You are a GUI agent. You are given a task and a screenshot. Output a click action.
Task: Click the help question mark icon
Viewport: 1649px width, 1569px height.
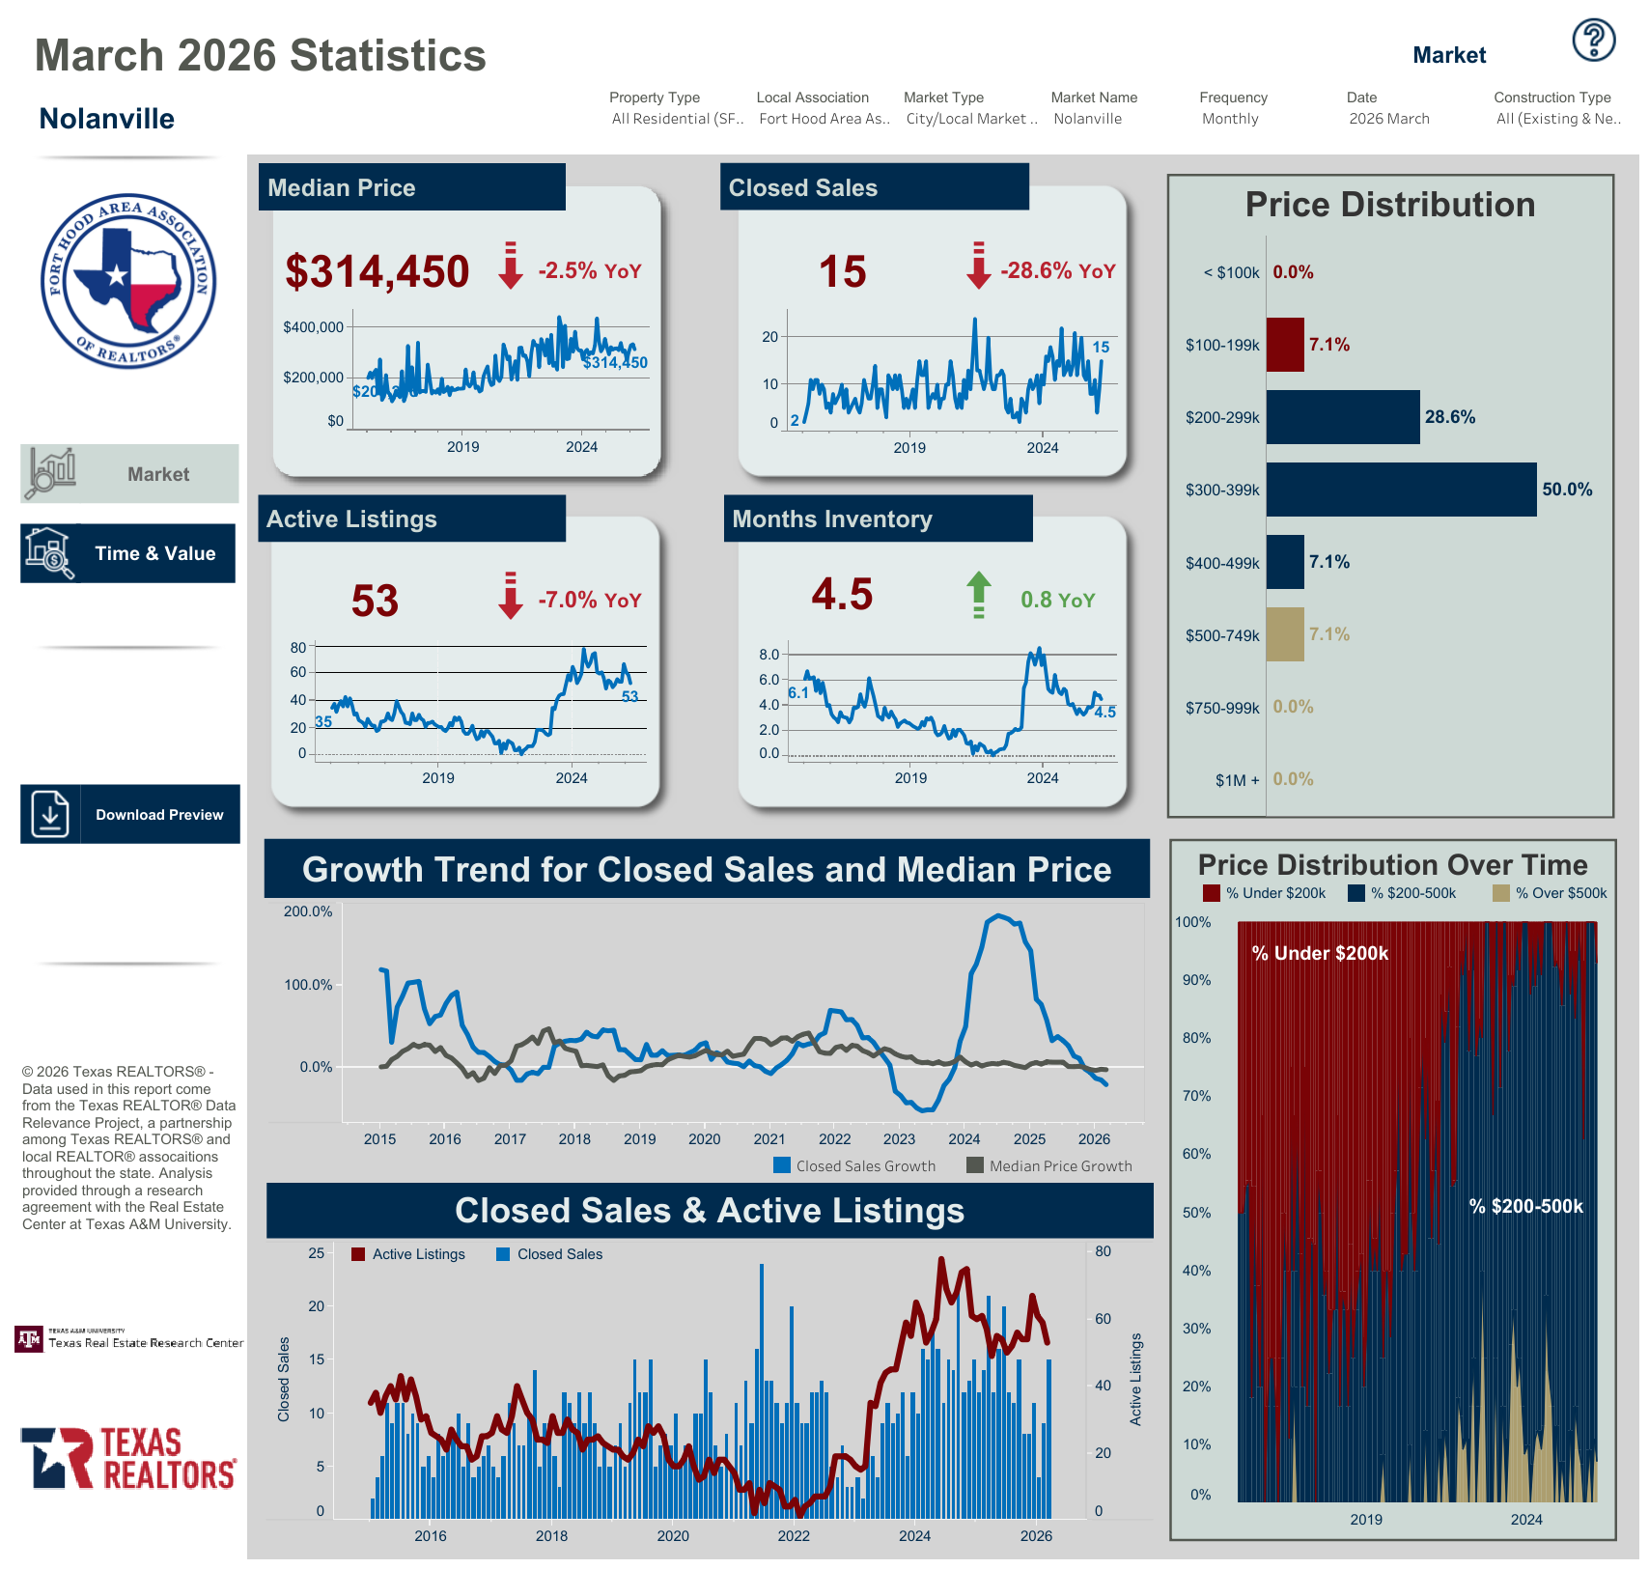point(1593,40)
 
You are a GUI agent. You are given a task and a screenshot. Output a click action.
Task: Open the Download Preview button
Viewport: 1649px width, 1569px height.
point(130,814)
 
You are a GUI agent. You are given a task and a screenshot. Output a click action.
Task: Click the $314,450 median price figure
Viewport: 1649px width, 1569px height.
point(377,272)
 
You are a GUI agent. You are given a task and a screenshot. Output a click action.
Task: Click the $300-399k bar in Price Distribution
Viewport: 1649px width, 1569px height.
point(1400,490)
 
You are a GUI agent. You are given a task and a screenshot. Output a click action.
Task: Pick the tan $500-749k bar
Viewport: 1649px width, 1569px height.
point(1284,634)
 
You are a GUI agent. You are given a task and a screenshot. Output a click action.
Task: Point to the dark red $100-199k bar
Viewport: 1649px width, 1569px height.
point(1284,345)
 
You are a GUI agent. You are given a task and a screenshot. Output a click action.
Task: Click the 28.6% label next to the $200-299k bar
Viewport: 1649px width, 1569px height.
point(1449,417)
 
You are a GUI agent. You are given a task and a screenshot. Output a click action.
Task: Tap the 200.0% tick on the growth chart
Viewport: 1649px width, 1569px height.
point(308,911)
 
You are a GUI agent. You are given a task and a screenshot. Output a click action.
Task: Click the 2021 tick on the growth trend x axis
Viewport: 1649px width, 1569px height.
point(769,1139)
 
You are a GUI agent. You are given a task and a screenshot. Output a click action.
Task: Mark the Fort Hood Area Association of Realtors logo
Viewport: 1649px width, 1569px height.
point(128,281)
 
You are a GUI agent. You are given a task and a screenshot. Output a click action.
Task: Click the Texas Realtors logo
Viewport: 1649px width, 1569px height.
point(128,1458)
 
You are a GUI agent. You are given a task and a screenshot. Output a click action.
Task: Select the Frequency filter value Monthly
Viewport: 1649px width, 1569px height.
point(1230,119)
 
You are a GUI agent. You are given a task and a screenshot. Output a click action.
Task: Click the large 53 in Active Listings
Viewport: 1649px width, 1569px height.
point(375,601)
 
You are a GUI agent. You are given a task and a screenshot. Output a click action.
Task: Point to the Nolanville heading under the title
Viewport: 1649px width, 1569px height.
point(107,119)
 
